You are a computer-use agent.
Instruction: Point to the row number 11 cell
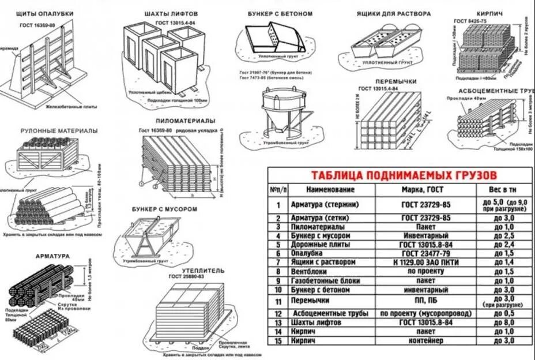point(278,301)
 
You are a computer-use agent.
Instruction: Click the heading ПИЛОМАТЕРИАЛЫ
point(186,121)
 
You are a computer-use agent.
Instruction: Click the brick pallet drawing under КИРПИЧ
point(483,49)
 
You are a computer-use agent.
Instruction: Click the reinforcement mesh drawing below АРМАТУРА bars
point(40,329)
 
